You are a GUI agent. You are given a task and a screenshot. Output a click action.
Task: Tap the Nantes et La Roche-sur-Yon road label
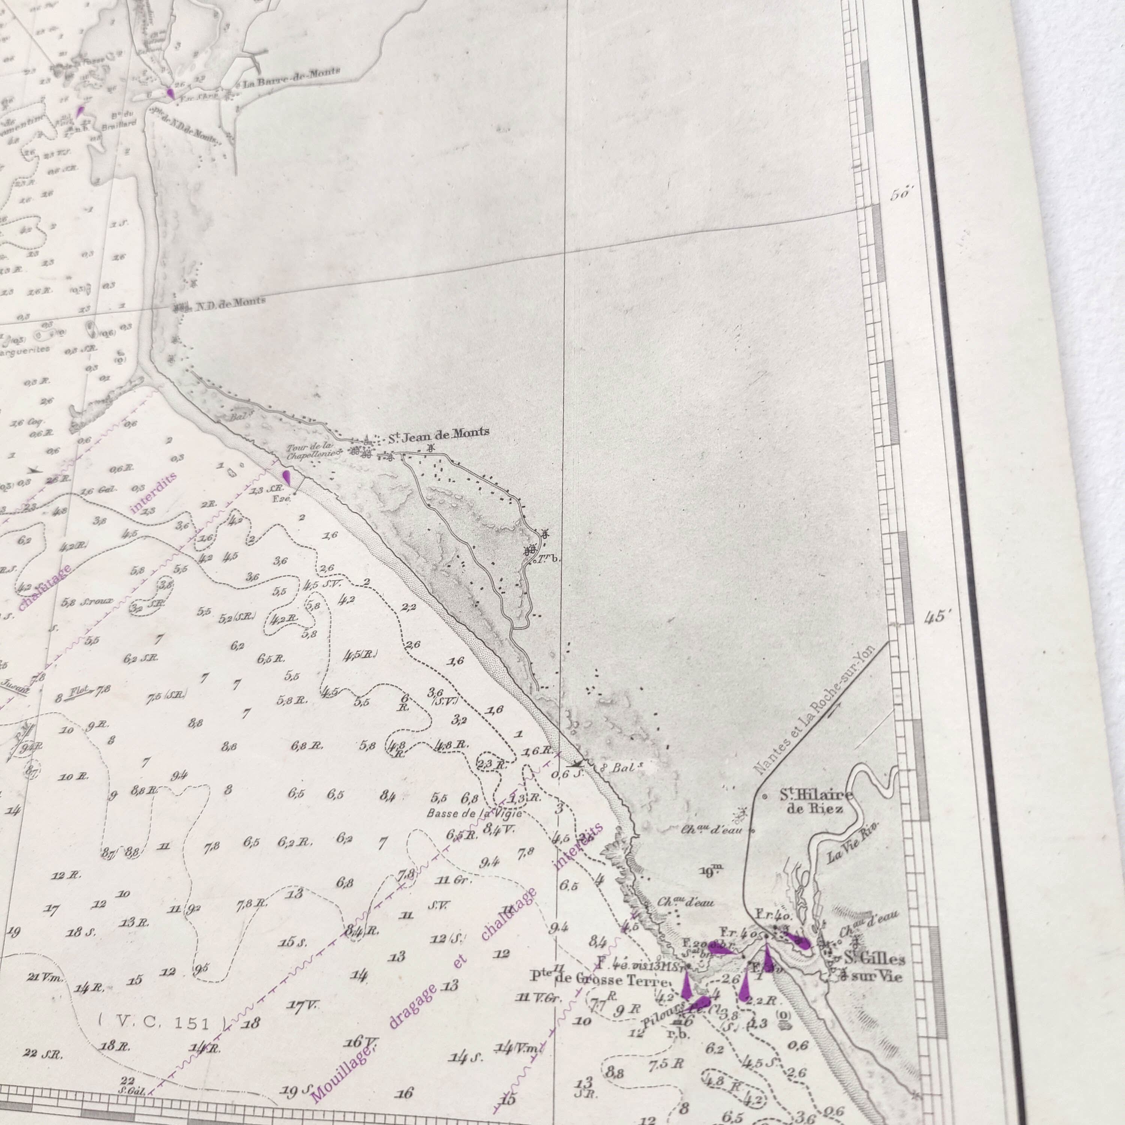[x=815, y=710]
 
